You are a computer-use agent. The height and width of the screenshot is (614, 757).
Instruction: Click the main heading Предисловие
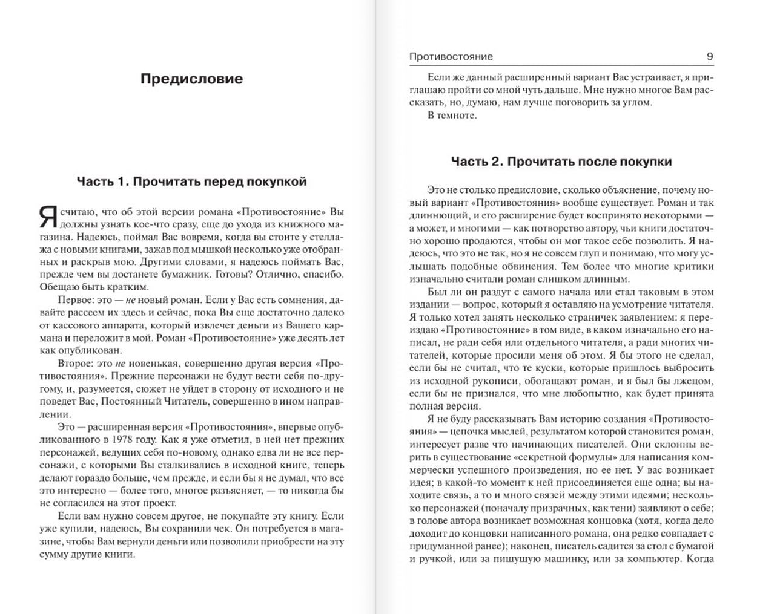(191, 79)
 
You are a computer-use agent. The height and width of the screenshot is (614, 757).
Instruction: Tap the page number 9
(710, 56)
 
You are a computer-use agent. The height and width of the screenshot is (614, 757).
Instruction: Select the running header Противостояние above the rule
(451, 56)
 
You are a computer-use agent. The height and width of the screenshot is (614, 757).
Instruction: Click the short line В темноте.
(452, 115)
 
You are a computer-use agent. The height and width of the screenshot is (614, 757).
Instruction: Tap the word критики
(693, 266)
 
